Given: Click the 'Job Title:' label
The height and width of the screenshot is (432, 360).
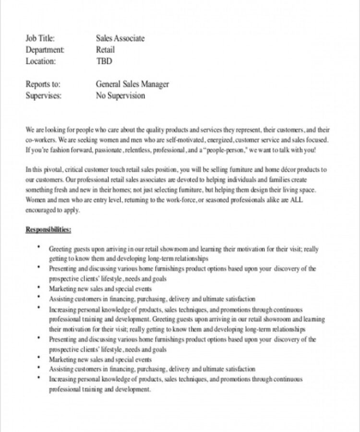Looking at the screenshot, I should (x=40, y=38).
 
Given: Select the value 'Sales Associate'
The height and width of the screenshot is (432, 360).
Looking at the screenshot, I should (x=120, y=38).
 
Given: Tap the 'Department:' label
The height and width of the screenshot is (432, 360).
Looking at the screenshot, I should (x=45, y=50).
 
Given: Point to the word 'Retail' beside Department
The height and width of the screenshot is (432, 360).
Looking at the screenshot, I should (x=105, y=50).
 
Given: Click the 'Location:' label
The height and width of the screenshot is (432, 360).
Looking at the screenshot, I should (x=41, y=61).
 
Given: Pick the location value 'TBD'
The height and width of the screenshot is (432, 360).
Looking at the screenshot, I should (x=104, y=61).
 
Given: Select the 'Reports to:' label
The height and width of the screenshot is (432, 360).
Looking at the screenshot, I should (x=43, y=84).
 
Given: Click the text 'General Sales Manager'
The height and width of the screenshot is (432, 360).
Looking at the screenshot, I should (x=132, y=84).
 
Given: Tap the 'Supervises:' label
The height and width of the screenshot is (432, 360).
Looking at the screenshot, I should (x=44, y=96).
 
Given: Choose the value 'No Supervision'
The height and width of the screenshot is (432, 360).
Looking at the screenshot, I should (x=120, y=96).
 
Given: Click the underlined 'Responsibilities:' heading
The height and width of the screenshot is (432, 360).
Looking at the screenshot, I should (x=48, y=230).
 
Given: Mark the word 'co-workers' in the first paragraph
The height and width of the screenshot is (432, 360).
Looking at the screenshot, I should (x=40, y=140).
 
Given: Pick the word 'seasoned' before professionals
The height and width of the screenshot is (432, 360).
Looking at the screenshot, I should (x=219, y=200).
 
